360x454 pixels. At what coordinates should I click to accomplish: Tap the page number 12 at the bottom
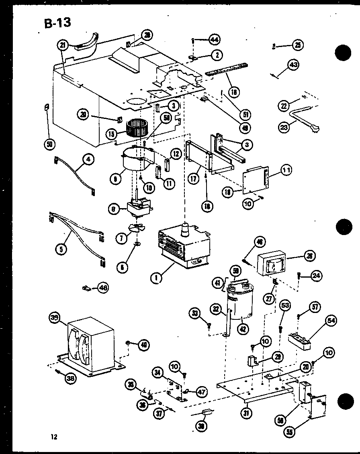pyautogui.click(x=54, y=437)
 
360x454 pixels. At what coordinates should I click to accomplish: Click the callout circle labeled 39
pyautogui.click(x=55, y=318)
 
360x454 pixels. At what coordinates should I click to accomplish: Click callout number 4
pyautogui.click(x=88, y=160)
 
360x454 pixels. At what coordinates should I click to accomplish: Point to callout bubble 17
pyautogui.click(x=194, y=177)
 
